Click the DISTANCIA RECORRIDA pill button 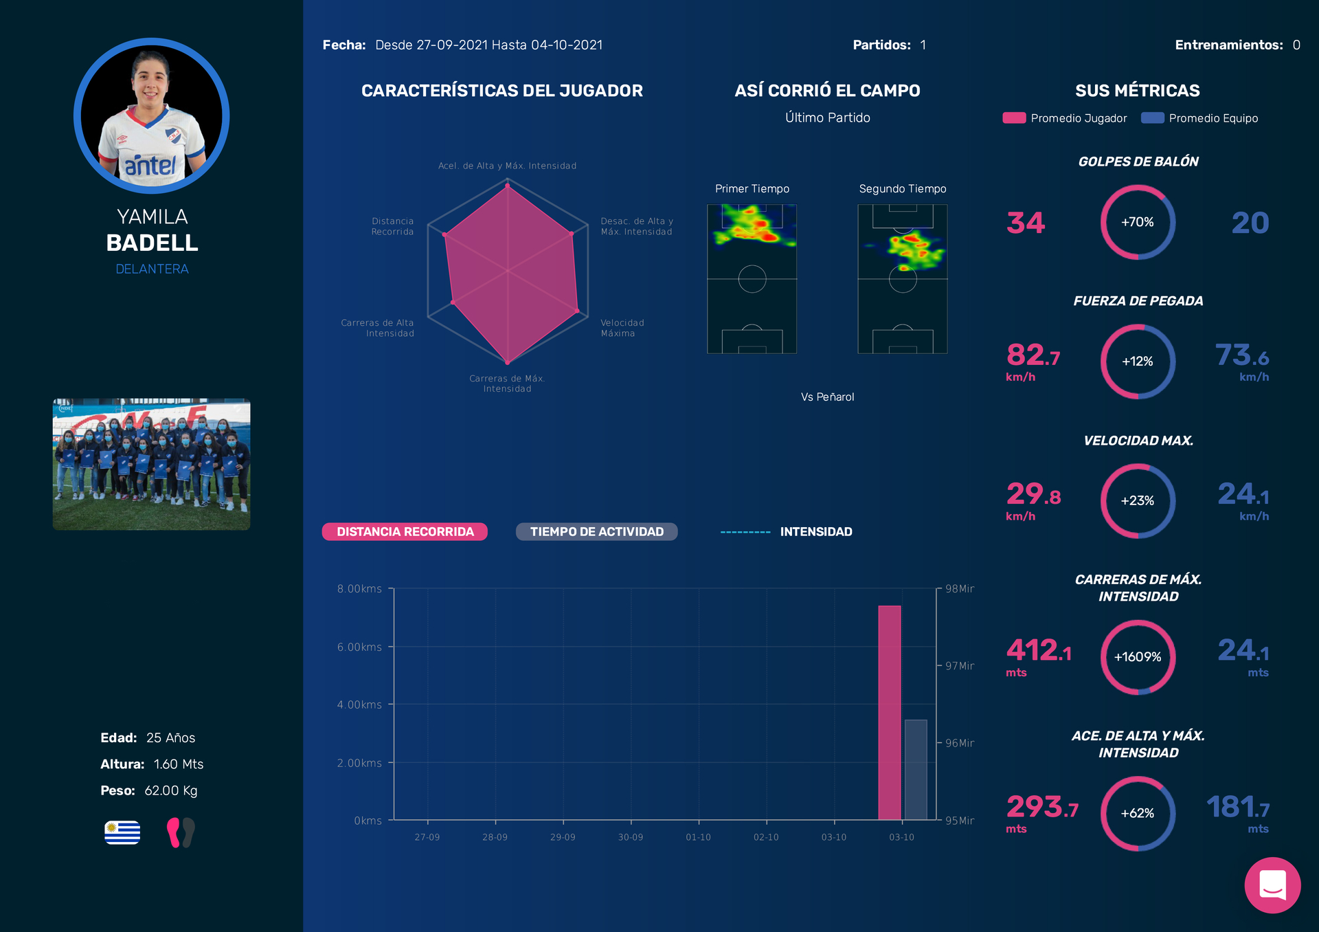pos(405,532)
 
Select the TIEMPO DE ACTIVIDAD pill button pos(596,532)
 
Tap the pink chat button pos(1272,885)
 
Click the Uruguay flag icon pos(122,832)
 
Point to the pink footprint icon pos(174,832)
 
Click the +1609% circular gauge pos(1138,657)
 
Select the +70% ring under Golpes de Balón pos(1138,222)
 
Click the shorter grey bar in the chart pos(916,770)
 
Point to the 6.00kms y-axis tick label pos(359,647)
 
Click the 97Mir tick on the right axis pos(960,666)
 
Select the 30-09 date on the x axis pos(631,837)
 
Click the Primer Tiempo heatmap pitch pos(752,279)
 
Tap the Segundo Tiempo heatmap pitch pos(902,279)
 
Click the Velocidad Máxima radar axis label pos(622,328)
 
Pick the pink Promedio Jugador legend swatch pos(1014,118)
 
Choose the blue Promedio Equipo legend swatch pos(1152,118)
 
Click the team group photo pos(152,464)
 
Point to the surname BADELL pos(152,243)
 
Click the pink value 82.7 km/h pos(1033,356)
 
